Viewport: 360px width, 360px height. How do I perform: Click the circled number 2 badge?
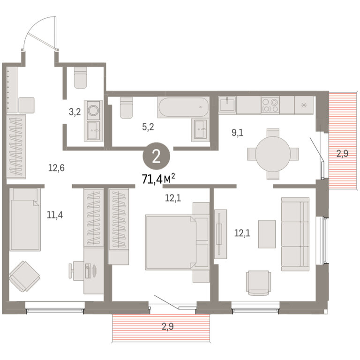(x=157, y=157)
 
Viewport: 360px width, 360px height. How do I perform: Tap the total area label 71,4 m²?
(x=158, y=179)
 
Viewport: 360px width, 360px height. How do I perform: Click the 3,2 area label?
(x=75, y=112)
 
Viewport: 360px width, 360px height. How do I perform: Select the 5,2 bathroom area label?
(x=148, y=127)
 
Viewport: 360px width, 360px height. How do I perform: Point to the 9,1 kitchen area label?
(x=237, y=133)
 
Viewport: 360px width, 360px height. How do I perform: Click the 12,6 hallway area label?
(x=56, y=168)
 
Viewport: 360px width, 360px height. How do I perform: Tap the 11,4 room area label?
(x=55, y=215)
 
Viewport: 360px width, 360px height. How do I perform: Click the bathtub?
(x=183, y=107)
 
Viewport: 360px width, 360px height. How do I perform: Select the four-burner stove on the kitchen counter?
(x=270, y=105)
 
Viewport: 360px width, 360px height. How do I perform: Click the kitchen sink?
(x=227, y=105)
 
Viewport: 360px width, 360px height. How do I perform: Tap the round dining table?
(x=273, y=154)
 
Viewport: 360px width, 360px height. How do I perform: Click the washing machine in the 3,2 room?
(x=93, y=110)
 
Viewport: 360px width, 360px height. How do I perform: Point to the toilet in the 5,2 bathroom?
(x=126, y=107)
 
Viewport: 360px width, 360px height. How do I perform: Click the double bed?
(x=177, y=242)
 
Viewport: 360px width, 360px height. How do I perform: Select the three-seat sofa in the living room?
(x=295, y=234)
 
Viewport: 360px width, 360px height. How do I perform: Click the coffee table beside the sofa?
(x=267, y=234)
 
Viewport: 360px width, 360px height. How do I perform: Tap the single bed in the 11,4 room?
(x=25, y=219)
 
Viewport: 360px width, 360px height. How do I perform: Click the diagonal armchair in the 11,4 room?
(x=24, y=276)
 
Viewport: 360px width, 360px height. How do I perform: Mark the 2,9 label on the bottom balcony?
(x=168, y=326)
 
